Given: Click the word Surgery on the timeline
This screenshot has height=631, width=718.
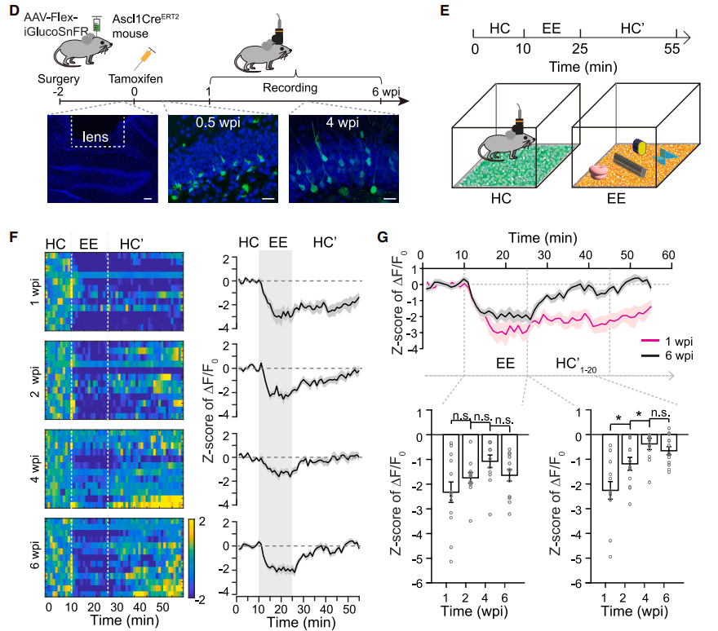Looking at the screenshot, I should click(58, 78).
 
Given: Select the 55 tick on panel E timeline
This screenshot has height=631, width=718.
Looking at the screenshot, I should click(671, 49).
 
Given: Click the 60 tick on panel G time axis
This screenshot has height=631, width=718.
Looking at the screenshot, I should click(667, 255).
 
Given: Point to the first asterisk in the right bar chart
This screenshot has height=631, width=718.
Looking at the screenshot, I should click(619, 419).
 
